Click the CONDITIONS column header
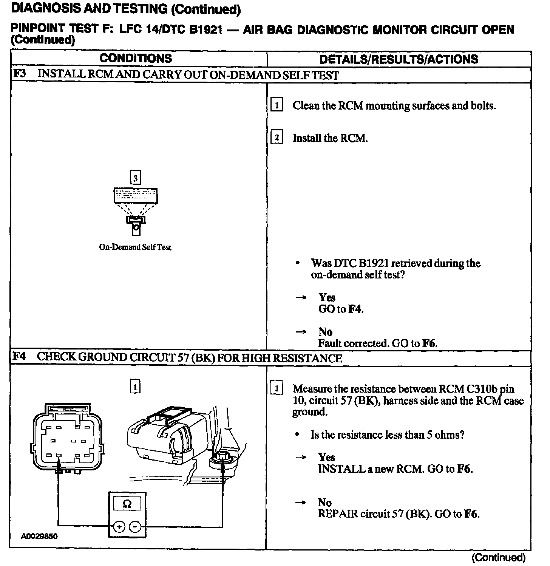click(x=136, y=59)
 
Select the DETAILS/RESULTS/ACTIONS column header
click(x=399, y=59)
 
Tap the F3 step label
click(x=20, y=73)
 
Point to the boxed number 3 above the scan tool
click(x=135, y=178)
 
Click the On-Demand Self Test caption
click(x=135, y=247)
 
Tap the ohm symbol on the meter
click(x=127, y=504)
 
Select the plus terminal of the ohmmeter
click(x=119, y=526)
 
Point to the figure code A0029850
click(x=40, y=537)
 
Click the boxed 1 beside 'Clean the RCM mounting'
click(x=277, y=105)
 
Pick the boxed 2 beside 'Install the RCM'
click(x=277, y=138)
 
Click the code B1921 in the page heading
click(x=205, y=29)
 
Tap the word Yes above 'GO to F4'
click(x=327, y=297)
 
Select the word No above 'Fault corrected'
click(x=325, y=332)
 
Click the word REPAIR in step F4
click(x=338, y=514)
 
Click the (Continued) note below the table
click(x=499, y=557)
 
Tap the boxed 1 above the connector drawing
click(x=135, y=387)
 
